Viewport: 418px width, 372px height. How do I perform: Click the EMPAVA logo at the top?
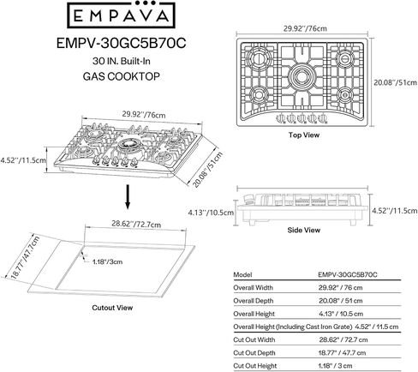coord(121,15)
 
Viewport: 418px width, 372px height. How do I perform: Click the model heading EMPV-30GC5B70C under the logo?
coord(122,43)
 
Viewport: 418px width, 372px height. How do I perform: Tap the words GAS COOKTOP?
coord(122,76)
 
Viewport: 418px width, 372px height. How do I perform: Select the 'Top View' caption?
coord(303,135)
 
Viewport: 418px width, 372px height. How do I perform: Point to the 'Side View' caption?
coord(304,230)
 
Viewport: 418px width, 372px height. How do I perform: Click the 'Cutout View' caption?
coord(112,308)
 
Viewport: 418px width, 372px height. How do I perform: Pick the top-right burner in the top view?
coord(344,58)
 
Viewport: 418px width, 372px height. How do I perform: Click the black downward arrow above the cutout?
coord(128,197)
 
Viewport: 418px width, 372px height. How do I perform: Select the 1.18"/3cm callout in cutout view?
coord(107,261)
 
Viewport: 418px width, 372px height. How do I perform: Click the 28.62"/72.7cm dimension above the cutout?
coord(136,224)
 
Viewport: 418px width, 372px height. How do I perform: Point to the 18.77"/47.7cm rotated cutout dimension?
coord(25,257)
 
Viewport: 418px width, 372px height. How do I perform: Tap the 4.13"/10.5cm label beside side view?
coord(211,213)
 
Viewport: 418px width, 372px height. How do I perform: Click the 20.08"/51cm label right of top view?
coord(396,82)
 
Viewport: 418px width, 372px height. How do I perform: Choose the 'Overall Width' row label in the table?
coord(253,288)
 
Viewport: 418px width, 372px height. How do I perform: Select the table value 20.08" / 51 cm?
coord(341,301)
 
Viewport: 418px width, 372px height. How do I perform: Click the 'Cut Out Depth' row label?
coord(254,353)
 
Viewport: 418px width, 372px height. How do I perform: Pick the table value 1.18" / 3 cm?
coord(335,366)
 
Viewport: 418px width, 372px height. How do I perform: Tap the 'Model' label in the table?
coord(242,275)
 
